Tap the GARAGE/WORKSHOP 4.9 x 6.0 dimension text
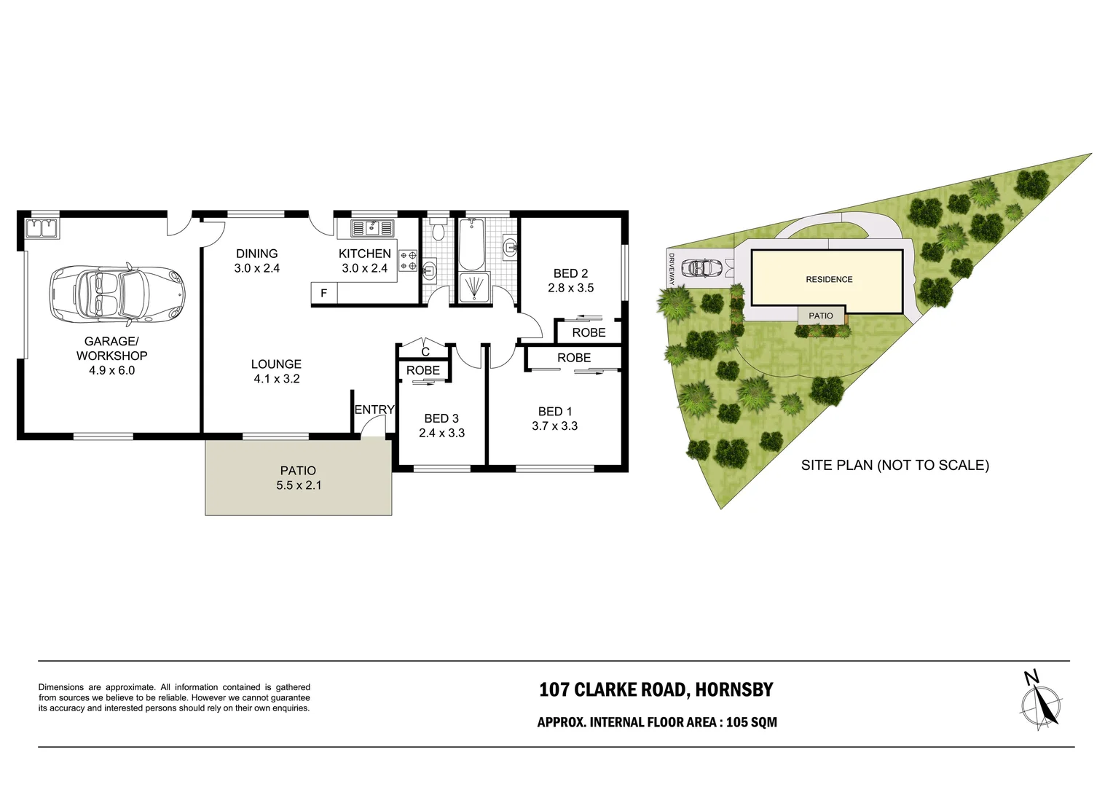(x=111, y=370)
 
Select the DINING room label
(x=256, y=254)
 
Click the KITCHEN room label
(x=364, y=254)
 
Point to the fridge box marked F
(x=323, y=293)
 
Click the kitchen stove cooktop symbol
(x=408, y=261)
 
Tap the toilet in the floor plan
(x=438, y=230)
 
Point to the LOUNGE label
(x=276, y=364)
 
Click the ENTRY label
(x=374, y=410)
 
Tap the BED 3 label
(x=441, y=418)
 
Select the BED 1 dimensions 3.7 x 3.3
(x=554, y=426)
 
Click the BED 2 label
(x=570, y=273)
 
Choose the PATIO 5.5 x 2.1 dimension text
(x=299, y=485)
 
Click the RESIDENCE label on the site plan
(x=829, y=279)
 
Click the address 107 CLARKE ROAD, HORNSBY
(x=656, y=689)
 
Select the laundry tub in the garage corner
(x=42, y=229)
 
